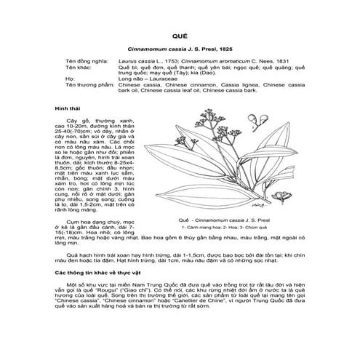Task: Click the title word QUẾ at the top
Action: [x=180, y=34]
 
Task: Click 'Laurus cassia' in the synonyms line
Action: [x=137, y=63]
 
